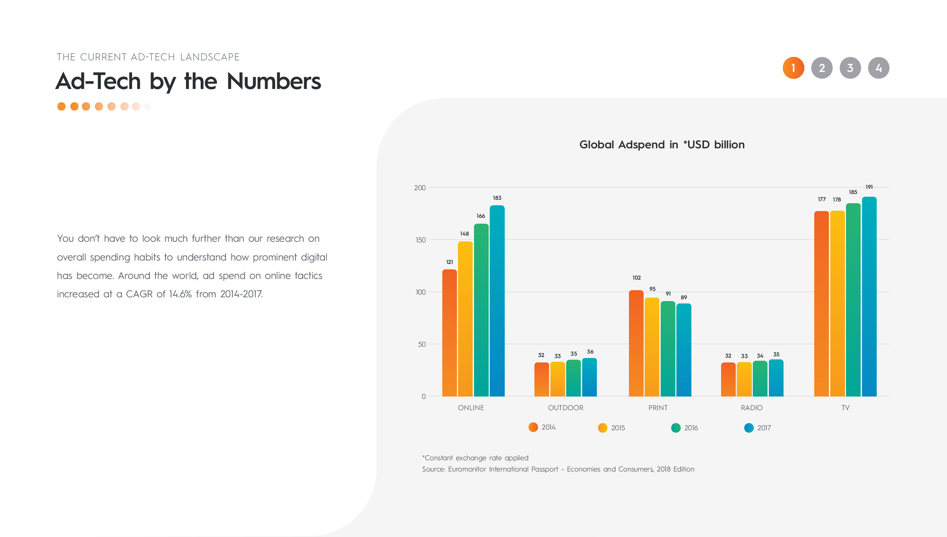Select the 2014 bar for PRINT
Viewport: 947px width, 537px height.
pos(636,343)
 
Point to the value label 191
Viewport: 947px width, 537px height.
pos(869,187)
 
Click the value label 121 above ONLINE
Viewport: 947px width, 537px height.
pos(449,262)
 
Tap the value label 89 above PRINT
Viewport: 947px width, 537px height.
pos(684,297)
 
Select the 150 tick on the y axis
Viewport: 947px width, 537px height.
pos(420,240)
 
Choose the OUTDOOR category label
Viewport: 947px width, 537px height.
pos(565,407)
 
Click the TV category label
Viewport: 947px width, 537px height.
pos(845,407)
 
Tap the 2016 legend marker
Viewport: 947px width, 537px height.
pos(676,428)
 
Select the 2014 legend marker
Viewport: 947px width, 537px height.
pos(533,427)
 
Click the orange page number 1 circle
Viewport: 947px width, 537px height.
pos(793,68)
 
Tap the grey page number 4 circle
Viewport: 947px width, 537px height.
pos(878,68)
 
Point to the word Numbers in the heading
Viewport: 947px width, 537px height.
pos(273,81)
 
